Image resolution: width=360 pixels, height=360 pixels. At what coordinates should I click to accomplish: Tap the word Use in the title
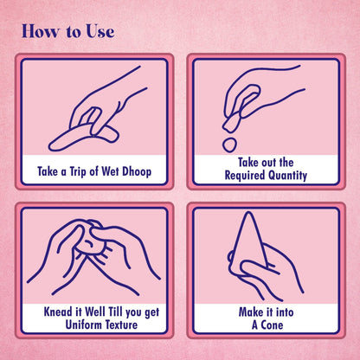tap(100, 31)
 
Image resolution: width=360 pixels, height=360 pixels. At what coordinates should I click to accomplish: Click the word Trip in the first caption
tap(78, 172)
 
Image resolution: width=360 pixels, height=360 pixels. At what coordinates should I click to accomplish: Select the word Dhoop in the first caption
tap(137, 172)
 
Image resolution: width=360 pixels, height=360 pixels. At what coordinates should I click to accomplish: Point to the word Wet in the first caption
tap(110, 171)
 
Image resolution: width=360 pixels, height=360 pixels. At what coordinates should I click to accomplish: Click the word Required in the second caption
tap(245, 176)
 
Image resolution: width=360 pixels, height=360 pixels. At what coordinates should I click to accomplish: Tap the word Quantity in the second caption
tap(288, 176)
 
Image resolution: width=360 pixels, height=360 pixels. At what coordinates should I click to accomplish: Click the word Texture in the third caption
tap(121, 325)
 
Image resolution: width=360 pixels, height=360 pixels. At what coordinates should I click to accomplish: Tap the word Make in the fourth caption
tap(250, 312)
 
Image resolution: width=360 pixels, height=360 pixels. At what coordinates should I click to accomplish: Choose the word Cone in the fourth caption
tap(272, 325)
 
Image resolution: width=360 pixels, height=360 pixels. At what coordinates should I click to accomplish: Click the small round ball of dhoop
tap(230, 145)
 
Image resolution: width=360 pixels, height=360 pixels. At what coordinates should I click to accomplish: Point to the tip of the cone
tap(247, 213)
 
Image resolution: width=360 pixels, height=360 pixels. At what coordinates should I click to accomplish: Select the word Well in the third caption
tap(95, 312)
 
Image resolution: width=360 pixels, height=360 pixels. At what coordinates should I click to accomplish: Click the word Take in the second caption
tap(248, 163)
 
